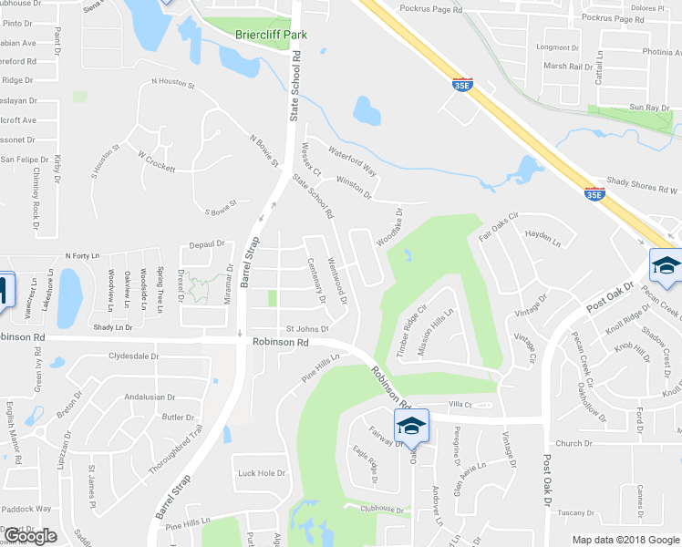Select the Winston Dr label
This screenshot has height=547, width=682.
355,187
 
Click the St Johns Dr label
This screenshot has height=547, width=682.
306,328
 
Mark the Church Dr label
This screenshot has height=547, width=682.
574,444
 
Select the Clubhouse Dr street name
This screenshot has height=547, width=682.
380,509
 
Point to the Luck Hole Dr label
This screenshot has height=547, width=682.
262,473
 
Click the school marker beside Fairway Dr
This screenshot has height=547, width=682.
411,425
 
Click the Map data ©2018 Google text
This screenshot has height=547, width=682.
625,540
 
